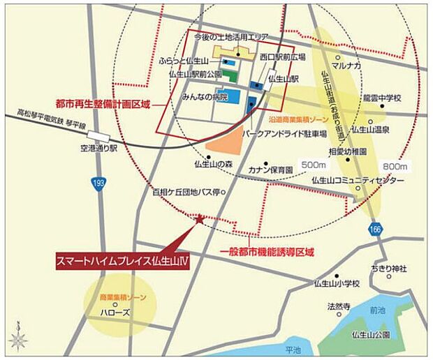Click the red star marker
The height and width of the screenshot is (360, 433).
[x=200, y=219]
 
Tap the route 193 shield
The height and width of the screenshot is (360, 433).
[x=98, y=183]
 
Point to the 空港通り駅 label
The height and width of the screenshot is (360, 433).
[x=100, y=149]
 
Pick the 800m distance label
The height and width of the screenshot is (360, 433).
[x=395, y=167]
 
